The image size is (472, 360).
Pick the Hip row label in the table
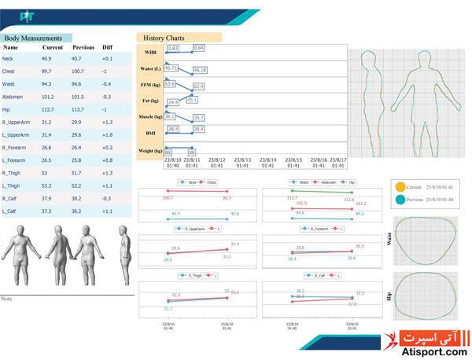(7, 109)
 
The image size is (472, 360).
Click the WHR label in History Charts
(151, 52)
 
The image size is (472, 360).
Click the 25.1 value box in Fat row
(193, 100)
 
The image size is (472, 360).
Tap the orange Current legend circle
(400, 188)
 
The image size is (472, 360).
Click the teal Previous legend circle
(400, 199)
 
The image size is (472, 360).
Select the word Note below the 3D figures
(9, 299)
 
